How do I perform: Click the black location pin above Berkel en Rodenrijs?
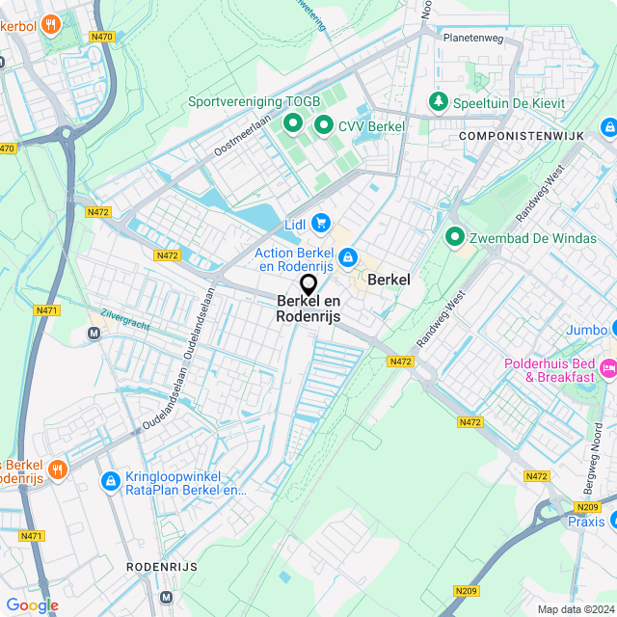pyautogui.click(x=308, y=284)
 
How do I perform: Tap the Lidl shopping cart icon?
pyautogui.click(x=320, y=224)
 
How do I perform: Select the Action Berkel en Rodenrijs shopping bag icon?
pyautogui.click(x=347, y=258)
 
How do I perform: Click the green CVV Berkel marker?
pyautogui.click(x=324, y=125)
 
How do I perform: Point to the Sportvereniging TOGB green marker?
pyautogui.click(x=292, y=123)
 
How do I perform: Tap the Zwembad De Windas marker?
pyautogui.click(x=454, y=236)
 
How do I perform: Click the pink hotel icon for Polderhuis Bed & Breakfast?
pyautogui.click(x=608, y=367)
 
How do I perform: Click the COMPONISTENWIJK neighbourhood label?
pyautogui.click(x=522, y=137)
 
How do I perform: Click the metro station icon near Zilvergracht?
pyautogui.click(x=94, y=334)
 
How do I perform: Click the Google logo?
pyautogui.click(x=32, y=605)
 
